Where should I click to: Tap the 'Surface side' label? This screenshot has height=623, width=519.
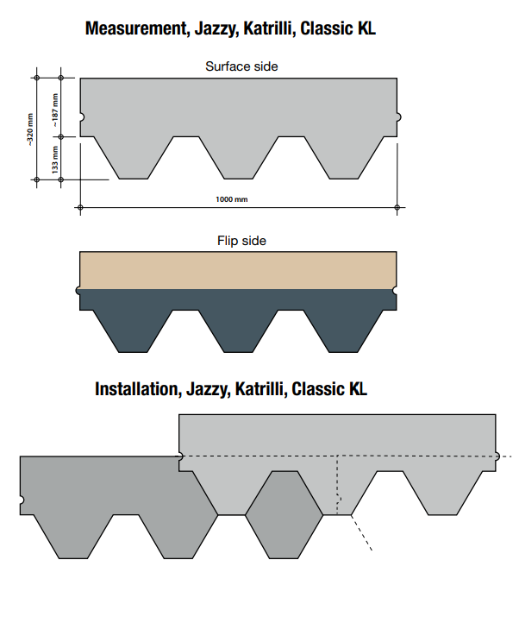coord(241,66)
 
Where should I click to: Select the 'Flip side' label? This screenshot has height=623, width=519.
coord(241,241)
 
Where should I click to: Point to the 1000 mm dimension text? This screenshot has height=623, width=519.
coord(231,199)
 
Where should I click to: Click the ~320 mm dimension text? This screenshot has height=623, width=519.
coord(31,128)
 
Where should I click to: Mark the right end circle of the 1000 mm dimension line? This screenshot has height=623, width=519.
coord(397,207)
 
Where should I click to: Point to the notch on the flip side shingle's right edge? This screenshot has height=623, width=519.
coord(397,291)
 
